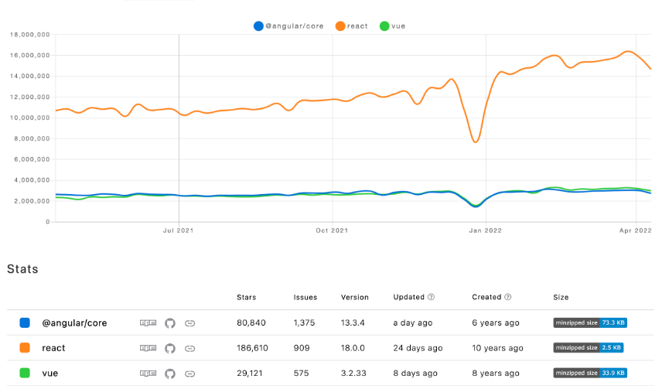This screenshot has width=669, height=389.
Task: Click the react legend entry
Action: pos(352,26)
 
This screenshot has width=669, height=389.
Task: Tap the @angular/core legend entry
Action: pos(290,26)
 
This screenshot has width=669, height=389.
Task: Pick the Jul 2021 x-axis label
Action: pos(179,230)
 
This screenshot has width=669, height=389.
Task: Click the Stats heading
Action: pos(22,269)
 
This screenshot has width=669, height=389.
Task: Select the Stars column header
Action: pos(247,297)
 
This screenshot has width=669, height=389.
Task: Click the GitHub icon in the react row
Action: pos(170,348)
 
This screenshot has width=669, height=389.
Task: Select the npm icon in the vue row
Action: pos(147,374)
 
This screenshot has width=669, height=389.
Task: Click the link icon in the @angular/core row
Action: pos(189,322)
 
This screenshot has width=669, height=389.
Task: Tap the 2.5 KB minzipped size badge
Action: pos(589,348)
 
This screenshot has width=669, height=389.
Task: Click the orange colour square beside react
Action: pos(25,348)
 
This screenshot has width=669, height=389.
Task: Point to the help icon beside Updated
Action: pos(431,297)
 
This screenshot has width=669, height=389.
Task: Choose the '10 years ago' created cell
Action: pos(497,348)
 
